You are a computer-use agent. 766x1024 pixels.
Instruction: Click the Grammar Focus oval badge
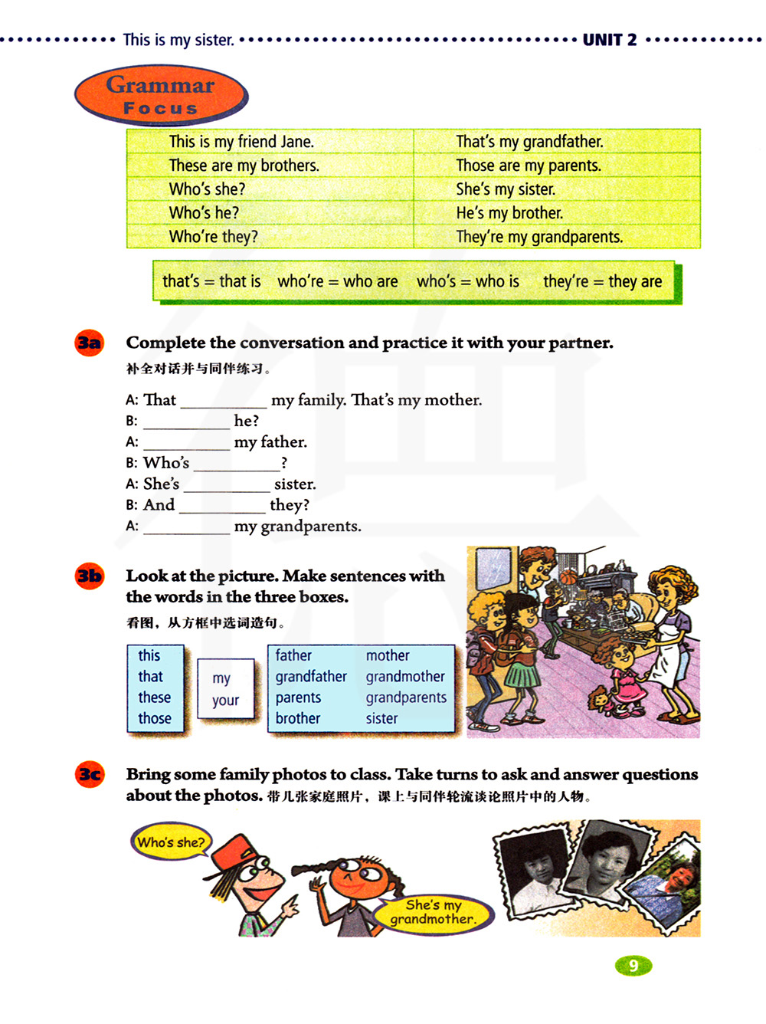coord(161,96)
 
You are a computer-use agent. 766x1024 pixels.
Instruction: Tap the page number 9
coord(633,966)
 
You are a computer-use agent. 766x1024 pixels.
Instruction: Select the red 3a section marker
coord(89,343)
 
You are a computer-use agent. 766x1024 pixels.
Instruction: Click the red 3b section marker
coord(89,576)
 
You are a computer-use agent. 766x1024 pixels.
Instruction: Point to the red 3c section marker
coord(89,774)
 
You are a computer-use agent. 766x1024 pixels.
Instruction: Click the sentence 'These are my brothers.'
coord(244,166)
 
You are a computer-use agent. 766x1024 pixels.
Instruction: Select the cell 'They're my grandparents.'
coord(539,237)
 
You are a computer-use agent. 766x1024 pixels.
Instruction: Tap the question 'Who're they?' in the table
coord(213,237)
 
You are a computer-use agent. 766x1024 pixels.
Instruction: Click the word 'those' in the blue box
coord(155,718)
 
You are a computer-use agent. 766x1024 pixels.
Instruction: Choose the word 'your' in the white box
coord(225,701)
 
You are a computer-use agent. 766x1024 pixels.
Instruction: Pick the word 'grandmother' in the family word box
coord(405,677)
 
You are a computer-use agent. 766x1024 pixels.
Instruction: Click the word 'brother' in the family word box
coord(298,718)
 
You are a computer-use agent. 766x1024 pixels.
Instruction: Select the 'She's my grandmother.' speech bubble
coord(434,912)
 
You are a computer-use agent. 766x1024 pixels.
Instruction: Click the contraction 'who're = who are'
coord(337,281)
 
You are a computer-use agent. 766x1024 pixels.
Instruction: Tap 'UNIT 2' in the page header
coord(609,40)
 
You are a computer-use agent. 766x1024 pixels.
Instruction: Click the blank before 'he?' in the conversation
coord(186,422)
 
